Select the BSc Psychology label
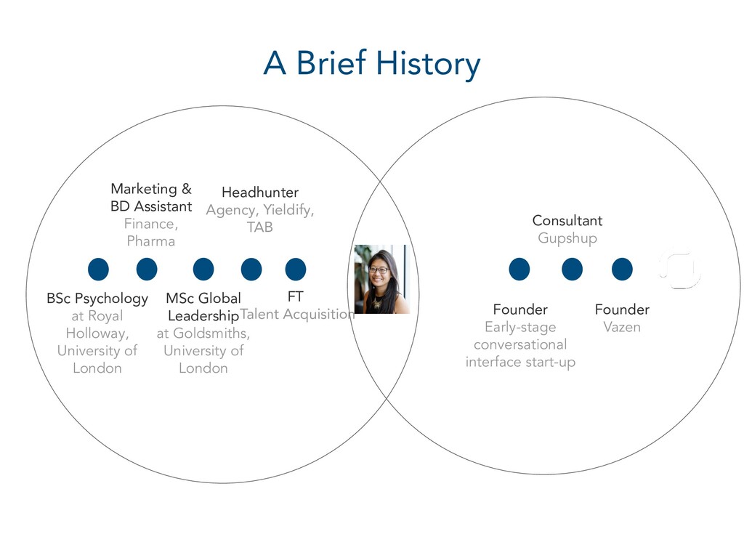click(x=97, y=299)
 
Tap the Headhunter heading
click(x=260, y=193)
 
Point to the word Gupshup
click(x=567, y=238)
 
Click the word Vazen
click(x=622, y=327)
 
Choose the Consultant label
click(x=567, y=220)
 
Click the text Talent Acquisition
click(x=297, y=315)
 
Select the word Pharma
click(x=151, y=241)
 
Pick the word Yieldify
click(x=288, y=210)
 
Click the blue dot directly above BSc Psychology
click(x=98, y=269)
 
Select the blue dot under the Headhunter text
click(x=251, y=269)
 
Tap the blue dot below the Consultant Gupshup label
click(x=572, y=269)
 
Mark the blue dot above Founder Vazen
click(x=622, y=269)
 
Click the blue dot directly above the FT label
click(x=295, y=269)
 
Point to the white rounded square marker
click(x=679, y=270)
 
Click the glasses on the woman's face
click(x=379, y=270)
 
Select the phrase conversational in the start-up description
click(x=520, y=344)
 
